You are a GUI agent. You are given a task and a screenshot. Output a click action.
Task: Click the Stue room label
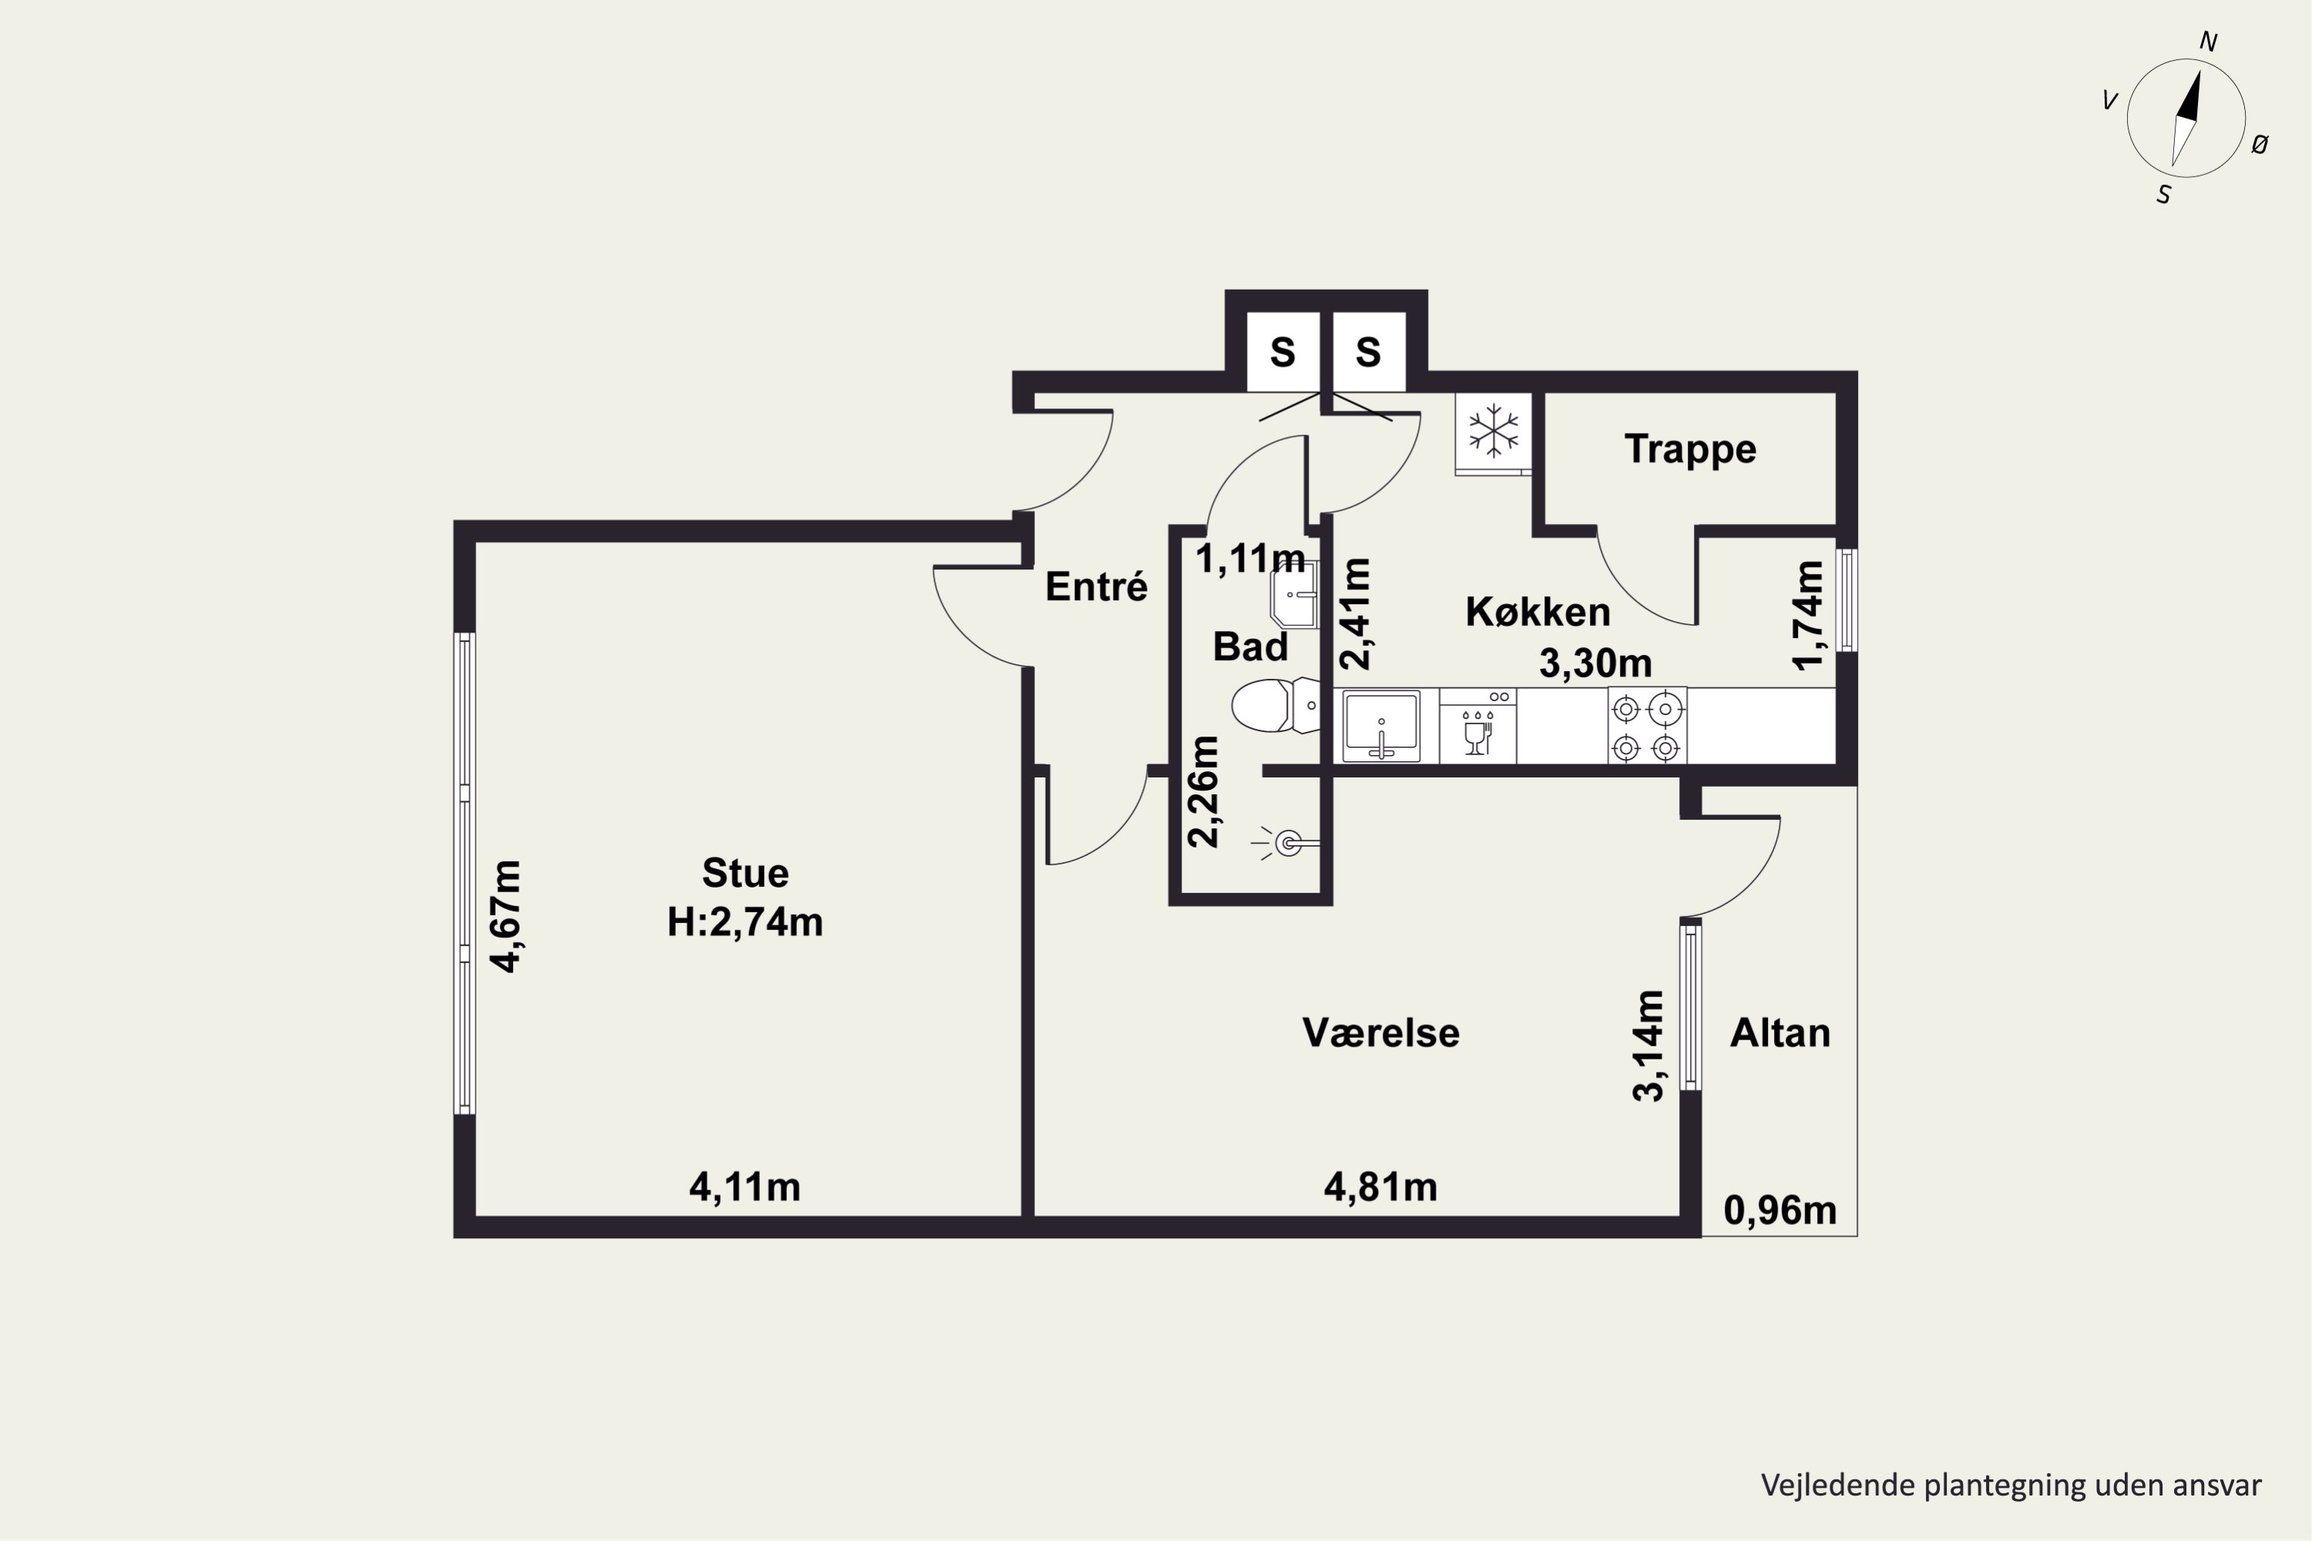(x=744, y=873)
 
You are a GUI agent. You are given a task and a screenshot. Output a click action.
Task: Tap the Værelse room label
(x=1380, y=1033)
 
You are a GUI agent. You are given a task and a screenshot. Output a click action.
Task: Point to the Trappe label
(x=1690, y=449)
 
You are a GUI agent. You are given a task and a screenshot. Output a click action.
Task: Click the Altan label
(x=1779, y=1033)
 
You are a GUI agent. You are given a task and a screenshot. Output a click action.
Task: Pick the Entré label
(x=1096, y=586)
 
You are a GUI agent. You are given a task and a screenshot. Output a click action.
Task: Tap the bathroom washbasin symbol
(x=1294, y=596)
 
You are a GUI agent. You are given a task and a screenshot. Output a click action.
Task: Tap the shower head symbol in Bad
(x=1287, y=843)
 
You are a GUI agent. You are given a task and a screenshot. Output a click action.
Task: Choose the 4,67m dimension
(x=507, y=916)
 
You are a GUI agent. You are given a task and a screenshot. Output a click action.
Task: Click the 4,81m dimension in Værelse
(x=1380, y=1187)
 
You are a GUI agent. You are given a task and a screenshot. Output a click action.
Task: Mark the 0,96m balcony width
(x=1780, y=1210)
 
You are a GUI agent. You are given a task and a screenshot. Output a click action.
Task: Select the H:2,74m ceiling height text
(x=744, y=922)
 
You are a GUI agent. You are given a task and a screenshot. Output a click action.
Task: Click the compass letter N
(x=2208, y=42)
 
